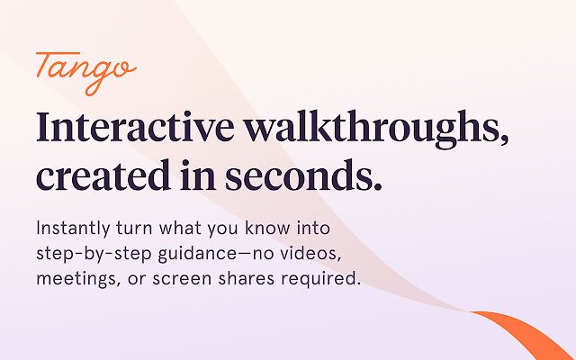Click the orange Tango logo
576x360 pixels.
[x=86, y=73]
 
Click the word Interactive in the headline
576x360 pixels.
[x=135, y=126]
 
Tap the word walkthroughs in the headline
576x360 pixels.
[x=376, y=130]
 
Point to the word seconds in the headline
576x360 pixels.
[x=303, y=175]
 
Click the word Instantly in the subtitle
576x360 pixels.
[x=73, y=229]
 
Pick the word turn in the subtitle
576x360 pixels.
[x=134, y=229]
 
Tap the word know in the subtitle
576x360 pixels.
[x=267, y=228]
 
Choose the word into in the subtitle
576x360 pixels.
[x=313, y=228]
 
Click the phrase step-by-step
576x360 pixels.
[x=94, y=254]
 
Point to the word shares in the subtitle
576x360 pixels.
[x=246, y=278]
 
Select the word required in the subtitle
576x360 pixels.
[x=320, y=279]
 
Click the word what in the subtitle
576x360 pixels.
[x=180, y=228]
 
